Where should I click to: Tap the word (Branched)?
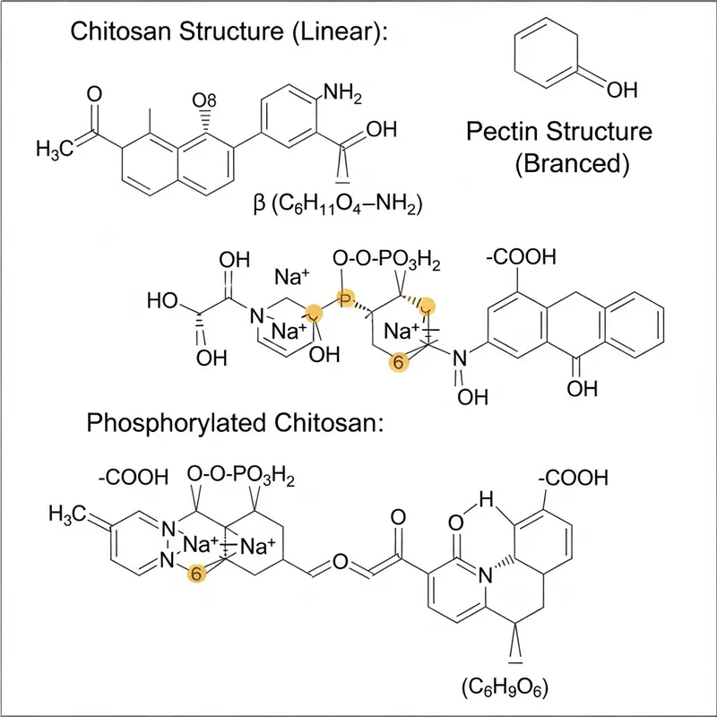click(x=560, y=164)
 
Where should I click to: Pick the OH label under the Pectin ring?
click(x=622, y=90)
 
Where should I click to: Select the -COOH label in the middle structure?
click(x=520, y=259)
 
